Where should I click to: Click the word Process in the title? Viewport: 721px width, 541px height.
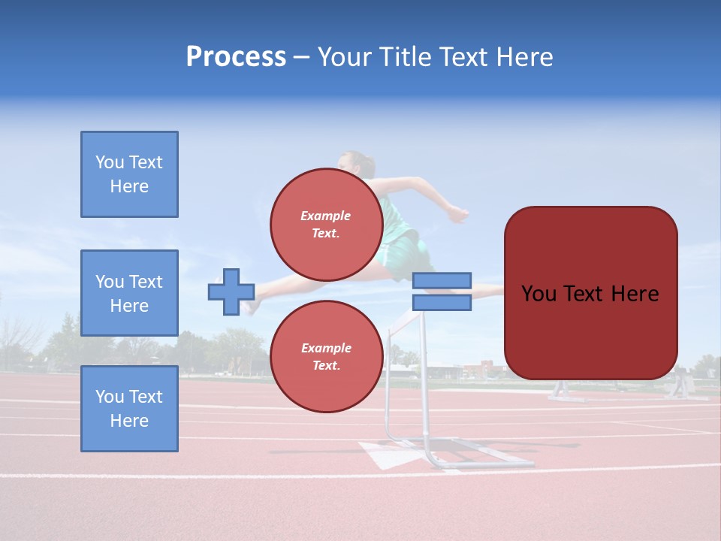click(236, 57)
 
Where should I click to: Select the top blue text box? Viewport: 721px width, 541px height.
click(129, 174)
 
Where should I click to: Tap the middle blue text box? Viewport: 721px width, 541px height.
click(129, 293)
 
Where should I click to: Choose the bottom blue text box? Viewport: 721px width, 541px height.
click(129, 408)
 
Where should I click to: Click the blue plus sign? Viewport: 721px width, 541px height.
click(231, 292)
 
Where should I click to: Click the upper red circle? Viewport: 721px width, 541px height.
click(326, 224)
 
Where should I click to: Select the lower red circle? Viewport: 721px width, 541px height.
click(326, 356)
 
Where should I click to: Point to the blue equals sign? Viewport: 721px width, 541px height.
click(442, 292)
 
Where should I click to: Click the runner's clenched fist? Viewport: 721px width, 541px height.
click(457, 215)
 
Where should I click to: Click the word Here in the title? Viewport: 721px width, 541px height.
click(523, 57)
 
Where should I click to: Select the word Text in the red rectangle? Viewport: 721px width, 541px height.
click(591, 294)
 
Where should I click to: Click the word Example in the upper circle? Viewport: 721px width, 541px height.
click(326, 216)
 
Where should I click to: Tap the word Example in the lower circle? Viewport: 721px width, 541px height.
click(326, 348)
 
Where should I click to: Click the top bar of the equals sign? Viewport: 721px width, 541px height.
click(442, 280)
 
